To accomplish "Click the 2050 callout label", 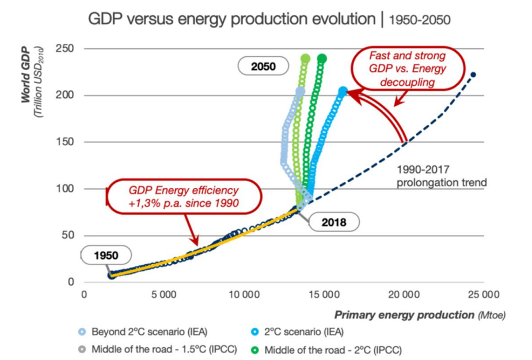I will point(263,66).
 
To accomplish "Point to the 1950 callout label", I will point(107,255).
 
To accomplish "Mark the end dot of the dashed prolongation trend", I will point(473,75).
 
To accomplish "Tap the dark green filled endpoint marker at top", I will point(322,58).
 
